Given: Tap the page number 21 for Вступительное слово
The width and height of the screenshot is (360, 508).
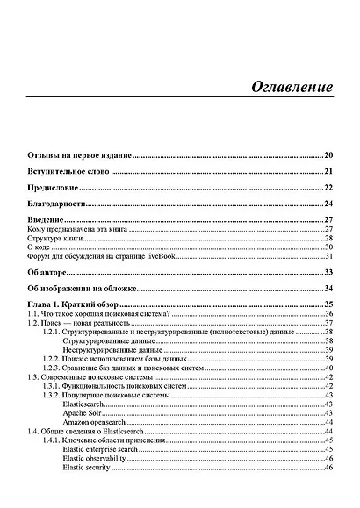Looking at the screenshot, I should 328,171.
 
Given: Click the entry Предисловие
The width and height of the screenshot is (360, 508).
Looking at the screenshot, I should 54,188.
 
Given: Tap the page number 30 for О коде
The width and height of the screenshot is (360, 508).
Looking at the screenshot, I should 328,247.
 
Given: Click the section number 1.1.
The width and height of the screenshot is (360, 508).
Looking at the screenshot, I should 32,313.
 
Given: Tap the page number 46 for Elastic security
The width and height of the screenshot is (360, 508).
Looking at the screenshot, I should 328,466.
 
